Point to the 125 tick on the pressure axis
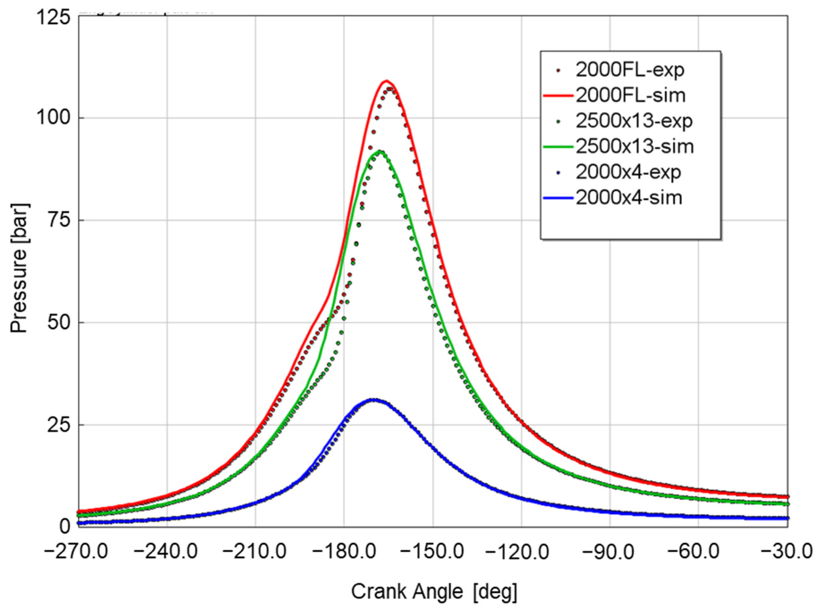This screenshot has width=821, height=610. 53,17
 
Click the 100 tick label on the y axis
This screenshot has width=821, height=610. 53,119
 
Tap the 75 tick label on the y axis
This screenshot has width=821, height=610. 59,220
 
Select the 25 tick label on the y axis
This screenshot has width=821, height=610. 59,425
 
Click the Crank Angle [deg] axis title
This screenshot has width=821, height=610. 433,592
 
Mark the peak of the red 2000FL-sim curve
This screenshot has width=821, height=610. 386,80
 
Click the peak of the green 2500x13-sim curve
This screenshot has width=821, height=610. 379,151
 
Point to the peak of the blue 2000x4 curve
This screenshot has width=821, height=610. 374,400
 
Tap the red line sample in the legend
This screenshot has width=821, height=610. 558,96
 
